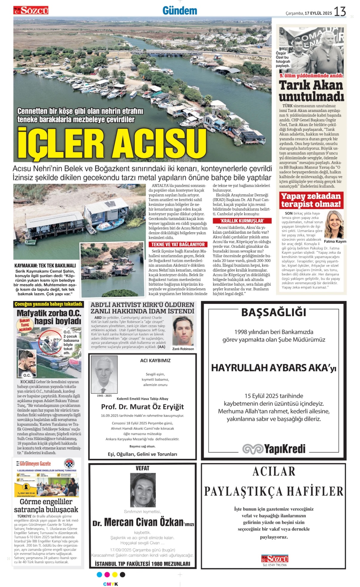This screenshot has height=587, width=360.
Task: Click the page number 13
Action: click(340, 12)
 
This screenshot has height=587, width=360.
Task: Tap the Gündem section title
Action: click(180, 11)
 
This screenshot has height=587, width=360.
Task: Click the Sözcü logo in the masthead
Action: click(31, 11)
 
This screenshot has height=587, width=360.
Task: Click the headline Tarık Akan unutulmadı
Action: click(311, 91)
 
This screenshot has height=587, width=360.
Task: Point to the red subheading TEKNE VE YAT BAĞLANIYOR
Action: click(178, 244)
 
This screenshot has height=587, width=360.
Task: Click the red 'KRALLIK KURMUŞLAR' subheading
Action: click(242, 221)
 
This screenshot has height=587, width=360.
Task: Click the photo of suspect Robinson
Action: click(183, 331)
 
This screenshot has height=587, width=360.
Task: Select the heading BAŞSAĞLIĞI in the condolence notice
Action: click(274, 312)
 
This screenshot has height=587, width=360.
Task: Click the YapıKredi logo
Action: click(274, 449)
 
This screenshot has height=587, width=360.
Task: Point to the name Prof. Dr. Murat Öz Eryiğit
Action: click(142, 407)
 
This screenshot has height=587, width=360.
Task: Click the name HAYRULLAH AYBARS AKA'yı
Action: click(274, 368)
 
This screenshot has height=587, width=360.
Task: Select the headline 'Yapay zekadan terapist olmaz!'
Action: click(311, 200)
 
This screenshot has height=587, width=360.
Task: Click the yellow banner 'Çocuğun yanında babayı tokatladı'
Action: click(48, 304)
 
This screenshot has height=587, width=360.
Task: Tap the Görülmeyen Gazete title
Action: click(35, 464)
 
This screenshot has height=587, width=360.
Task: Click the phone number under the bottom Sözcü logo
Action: click(274, 565)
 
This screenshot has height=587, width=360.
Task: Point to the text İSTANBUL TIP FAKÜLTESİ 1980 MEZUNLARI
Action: click(142, 564)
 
